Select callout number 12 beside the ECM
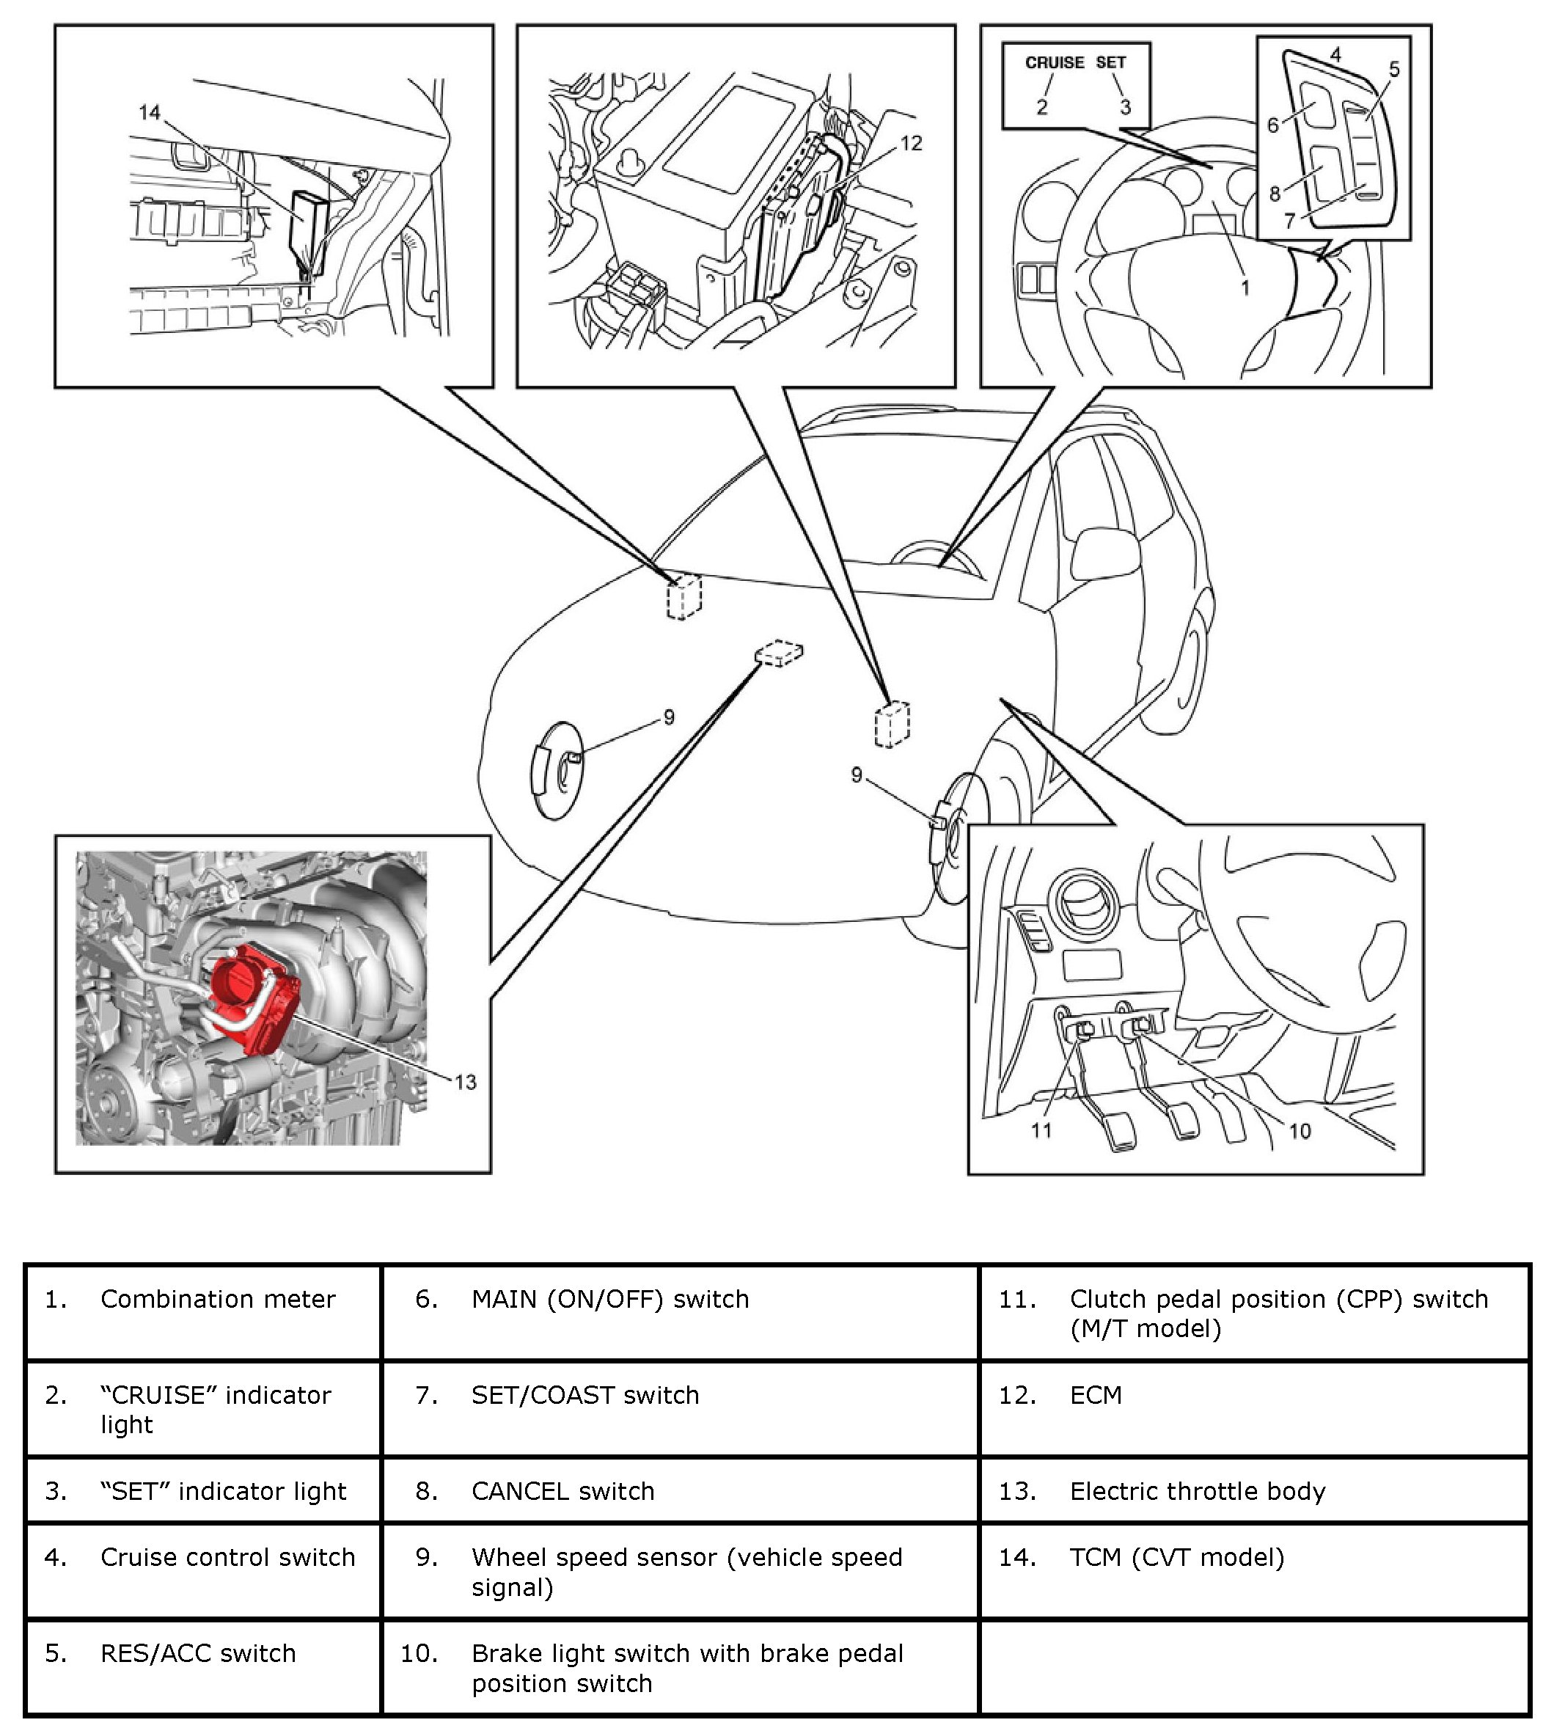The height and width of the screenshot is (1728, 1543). pos(911,143)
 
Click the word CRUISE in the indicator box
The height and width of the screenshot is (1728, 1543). pos(1054,63)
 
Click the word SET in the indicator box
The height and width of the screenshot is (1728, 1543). pos(1110,63)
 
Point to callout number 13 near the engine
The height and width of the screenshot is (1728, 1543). pos(466,1082)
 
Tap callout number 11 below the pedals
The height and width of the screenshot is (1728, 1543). pos(1041,1130)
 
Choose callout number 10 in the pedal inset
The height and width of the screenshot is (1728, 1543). pos(1300,1131)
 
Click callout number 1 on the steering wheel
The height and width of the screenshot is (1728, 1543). pos(1245,288)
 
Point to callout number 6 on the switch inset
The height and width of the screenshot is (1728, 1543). pos(1272,125)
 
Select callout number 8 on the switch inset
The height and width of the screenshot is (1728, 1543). pos(1275,194)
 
